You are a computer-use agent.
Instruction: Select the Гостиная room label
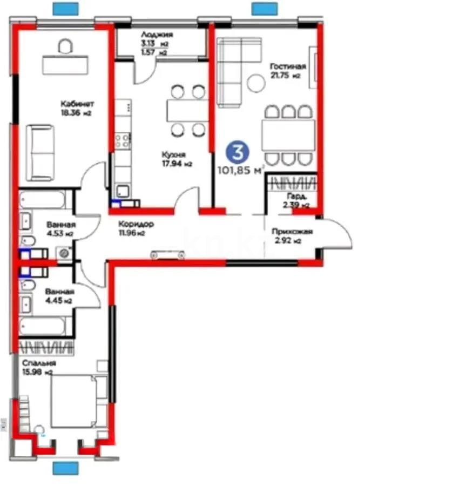[288, 66]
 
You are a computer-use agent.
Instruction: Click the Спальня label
[36, 363]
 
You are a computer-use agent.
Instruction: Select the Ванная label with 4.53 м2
[60, 225]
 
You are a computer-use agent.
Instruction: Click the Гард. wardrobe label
[296, 196]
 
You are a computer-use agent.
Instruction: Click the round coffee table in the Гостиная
[255, 83]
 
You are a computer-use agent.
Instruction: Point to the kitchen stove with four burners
[123, 141]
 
